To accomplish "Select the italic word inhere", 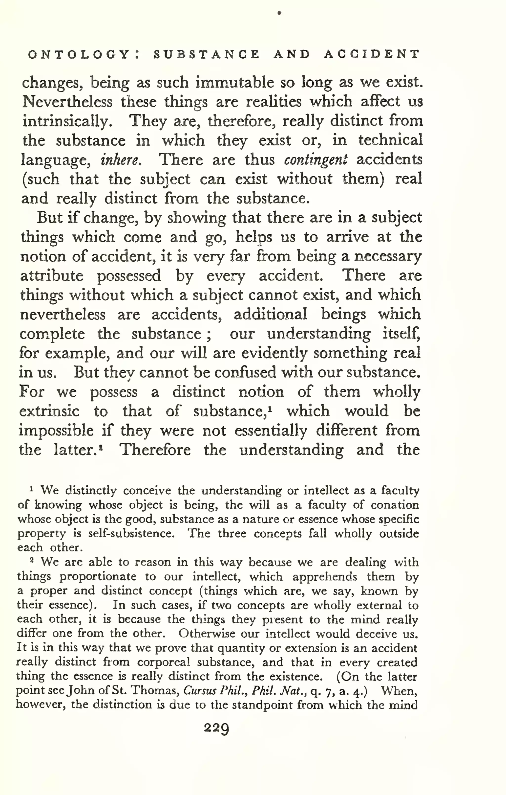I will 121,160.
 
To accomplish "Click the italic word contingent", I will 316,160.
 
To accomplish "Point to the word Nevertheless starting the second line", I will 67,102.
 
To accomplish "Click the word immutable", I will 234,83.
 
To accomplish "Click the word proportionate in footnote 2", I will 98,576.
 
